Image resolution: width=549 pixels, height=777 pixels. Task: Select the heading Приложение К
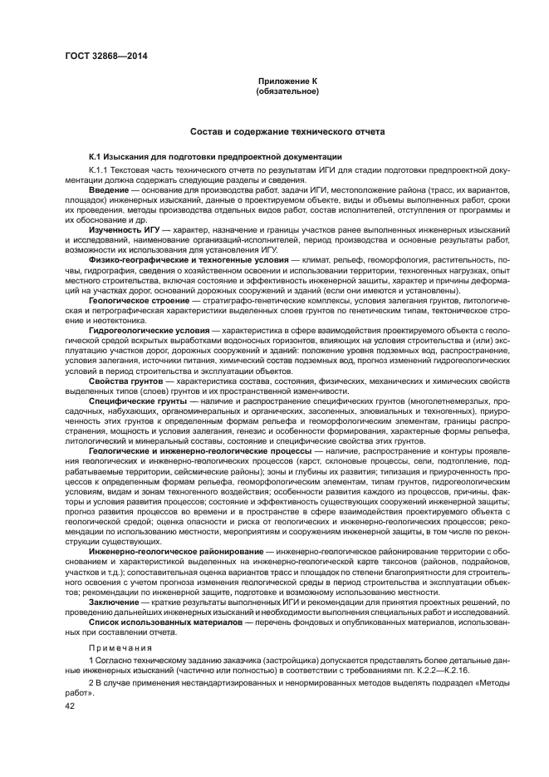coord(287,81)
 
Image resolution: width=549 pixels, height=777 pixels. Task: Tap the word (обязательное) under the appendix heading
coord(287,91)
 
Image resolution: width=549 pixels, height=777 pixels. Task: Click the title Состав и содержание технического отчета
coord(287,131)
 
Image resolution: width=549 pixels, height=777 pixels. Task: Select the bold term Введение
coord(109,190)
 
